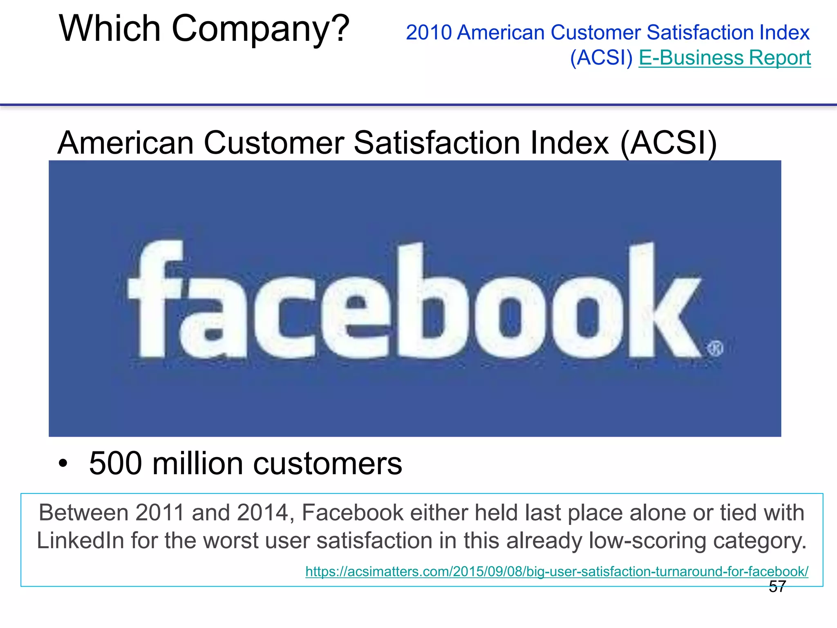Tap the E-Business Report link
[x=725, y=58]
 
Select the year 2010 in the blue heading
[x=429, y=33]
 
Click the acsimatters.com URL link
[x=557, y=571]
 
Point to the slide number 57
[x=777, y=587]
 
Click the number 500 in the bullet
[x=115, y=464]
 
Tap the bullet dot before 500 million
[x=63, y=464]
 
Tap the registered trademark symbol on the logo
[x=715, y=348]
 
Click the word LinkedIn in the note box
[x=80, y=541]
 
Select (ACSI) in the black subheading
[x=668, y=143]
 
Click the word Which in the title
[x=110, y=29]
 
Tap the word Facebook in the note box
[x=352, y=513]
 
